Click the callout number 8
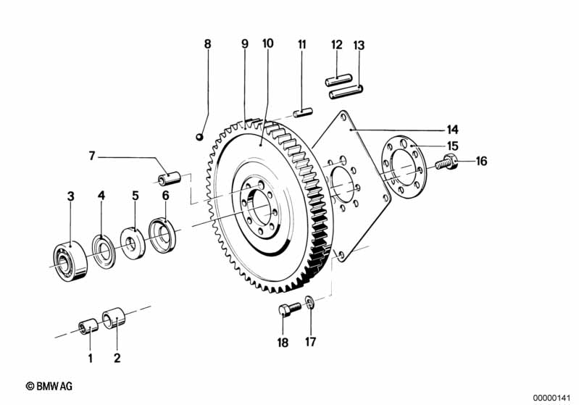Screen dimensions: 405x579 coord(207,44)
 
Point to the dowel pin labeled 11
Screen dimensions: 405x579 coord(303,112)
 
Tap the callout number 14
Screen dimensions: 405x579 coord(452,130)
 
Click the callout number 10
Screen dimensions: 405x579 coord(268,43)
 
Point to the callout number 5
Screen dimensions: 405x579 coord(135,195)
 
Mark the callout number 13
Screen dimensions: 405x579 coord(359,45)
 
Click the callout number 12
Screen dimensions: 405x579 coord(337,45)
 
